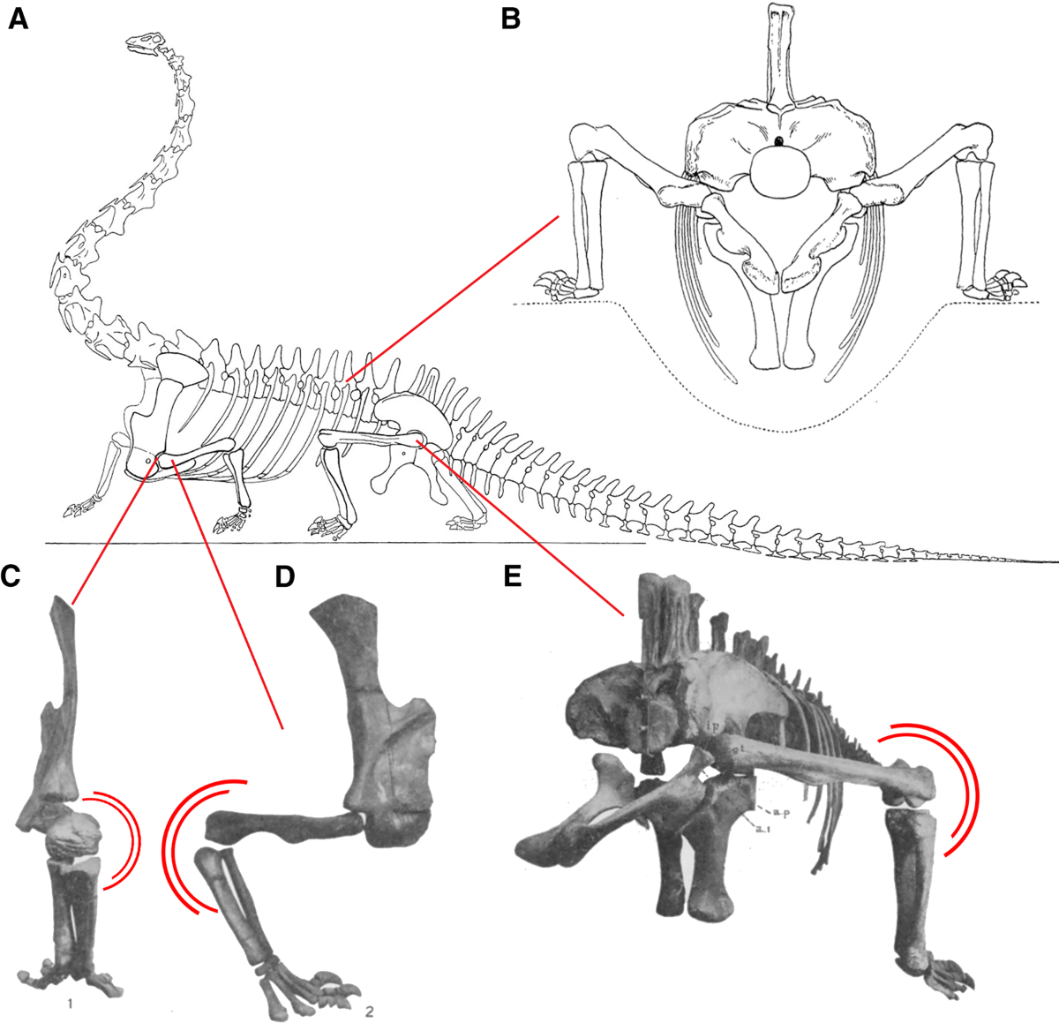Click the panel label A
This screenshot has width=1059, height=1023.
click(19, 19)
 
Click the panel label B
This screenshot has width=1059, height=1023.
click(510, 19)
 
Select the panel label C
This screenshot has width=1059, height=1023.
click(11, 575)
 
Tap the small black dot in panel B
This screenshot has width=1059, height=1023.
click(779, 141)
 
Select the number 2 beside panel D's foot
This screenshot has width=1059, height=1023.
click(369, 1012)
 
